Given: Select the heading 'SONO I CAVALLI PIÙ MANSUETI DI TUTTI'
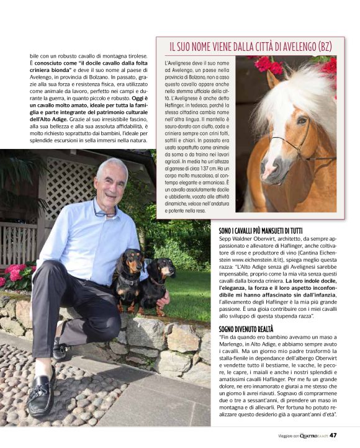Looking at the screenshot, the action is pyautogui.click(x=269, y=231).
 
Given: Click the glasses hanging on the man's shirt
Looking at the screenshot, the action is pyautogui.click(x=105, y=213).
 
